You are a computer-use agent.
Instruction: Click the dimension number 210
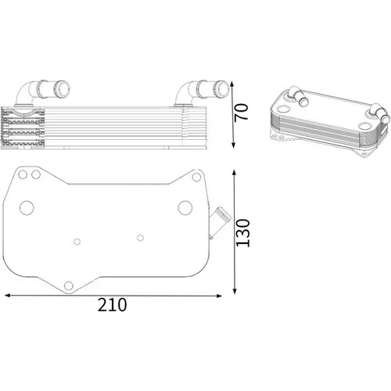(x=112, y=304)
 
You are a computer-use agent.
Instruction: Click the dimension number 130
(x=242, y=233)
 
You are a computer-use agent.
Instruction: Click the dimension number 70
(x=241, y=112)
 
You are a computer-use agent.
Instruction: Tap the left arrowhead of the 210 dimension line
(x=8, y=295)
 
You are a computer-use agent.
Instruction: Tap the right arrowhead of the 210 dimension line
(x=218, y=296)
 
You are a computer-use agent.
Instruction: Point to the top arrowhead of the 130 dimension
(x=234, y=173)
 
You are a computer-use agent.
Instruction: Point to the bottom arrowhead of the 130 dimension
(x=235, y=291)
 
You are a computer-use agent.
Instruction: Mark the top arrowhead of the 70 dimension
(x=232, y=84)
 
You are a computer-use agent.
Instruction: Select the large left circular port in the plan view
(x=27, y=208)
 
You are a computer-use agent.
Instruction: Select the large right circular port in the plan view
(x=185, y=208)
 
